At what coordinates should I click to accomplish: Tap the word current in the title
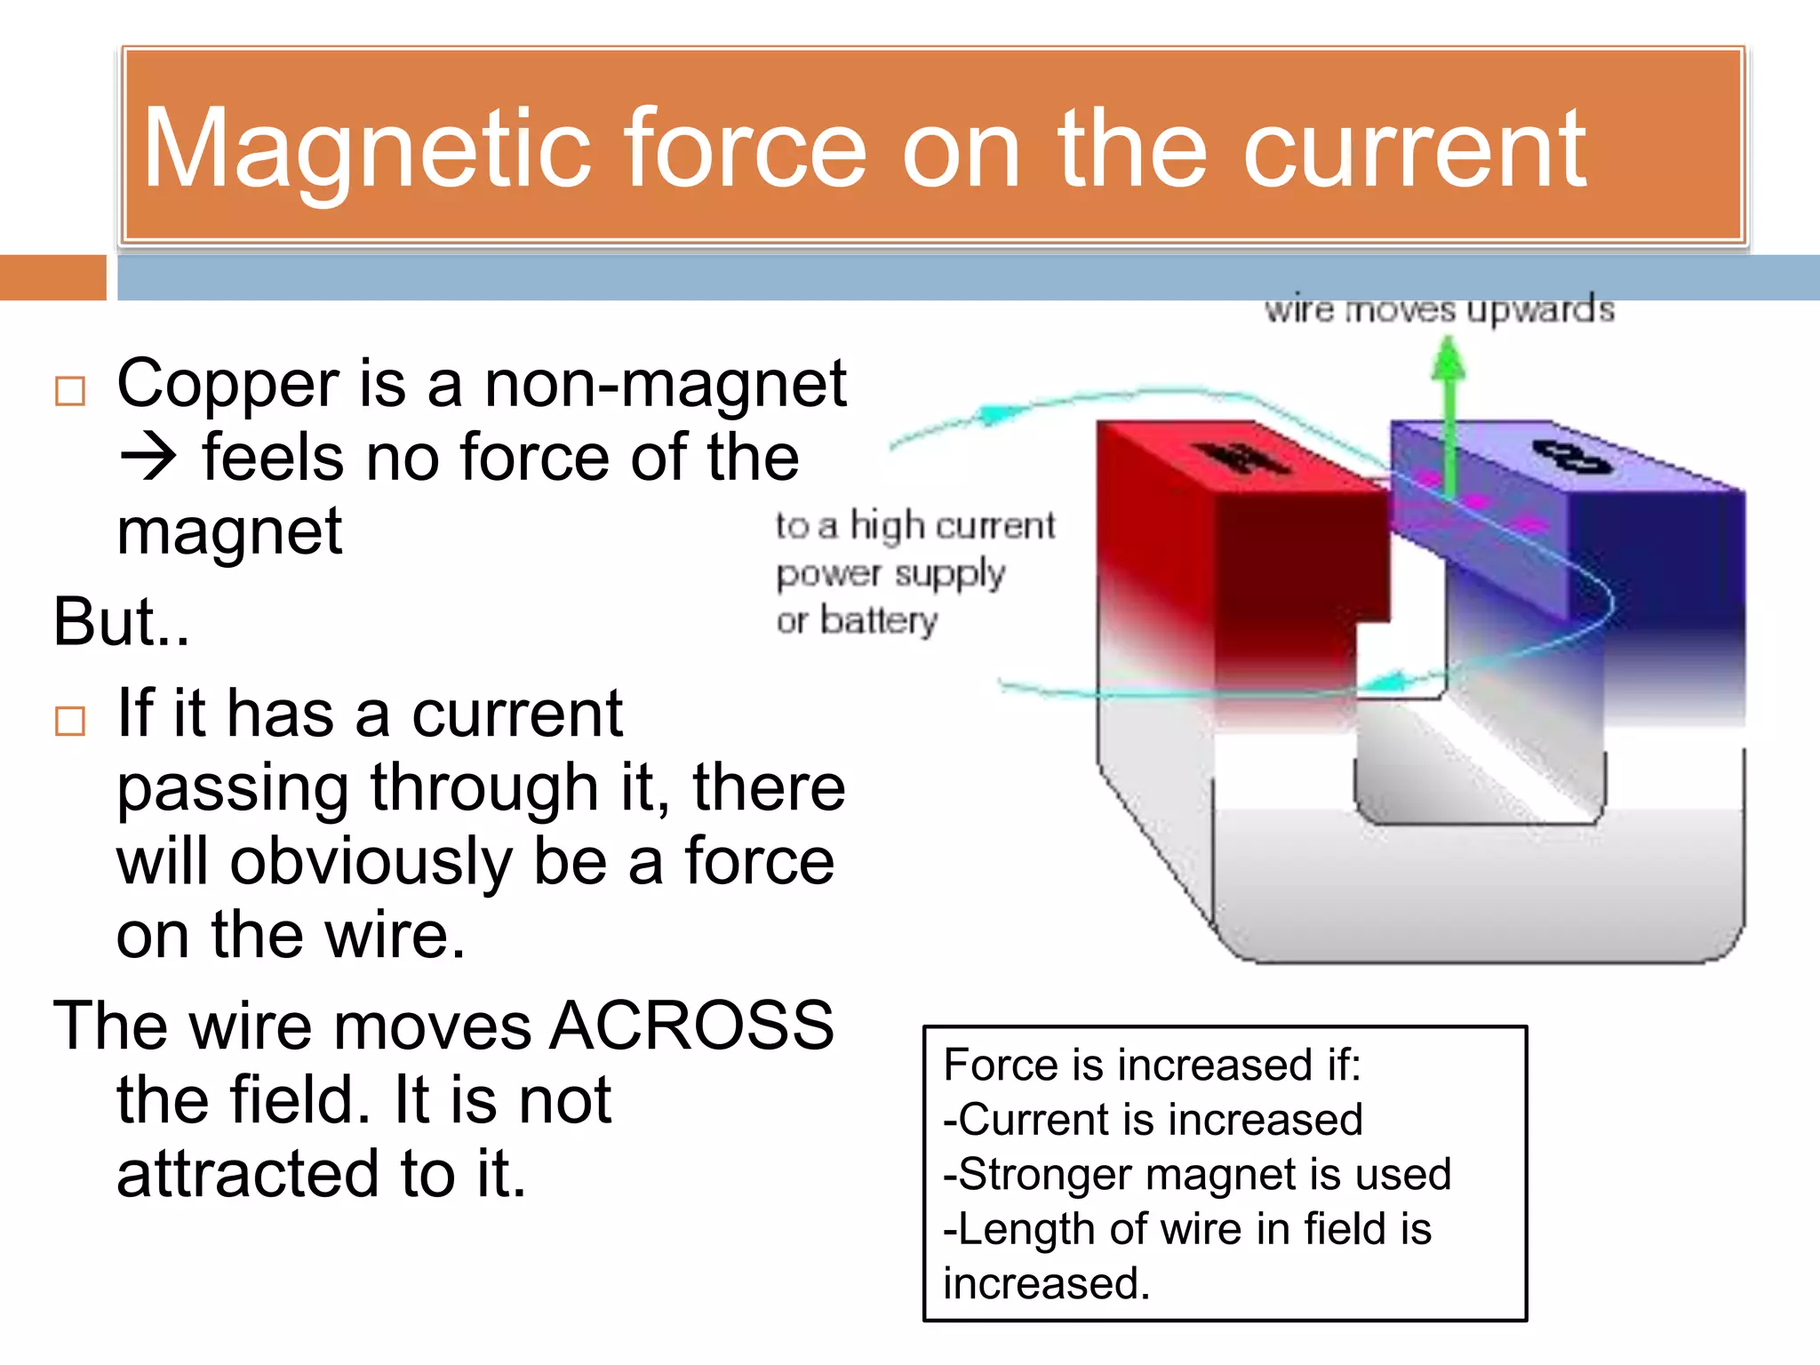1413,149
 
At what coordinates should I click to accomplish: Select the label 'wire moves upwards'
1439,310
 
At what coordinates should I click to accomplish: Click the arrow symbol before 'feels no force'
148,459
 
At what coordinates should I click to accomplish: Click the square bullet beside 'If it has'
70,721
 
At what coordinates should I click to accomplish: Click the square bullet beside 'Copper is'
70,391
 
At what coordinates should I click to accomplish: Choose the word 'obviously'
371,862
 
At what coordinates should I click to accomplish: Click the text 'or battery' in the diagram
857,619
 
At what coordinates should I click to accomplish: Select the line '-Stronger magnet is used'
1197,1175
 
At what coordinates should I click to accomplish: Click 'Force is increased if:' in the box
1152,1066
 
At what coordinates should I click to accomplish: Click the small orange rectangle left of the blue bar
52,277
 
